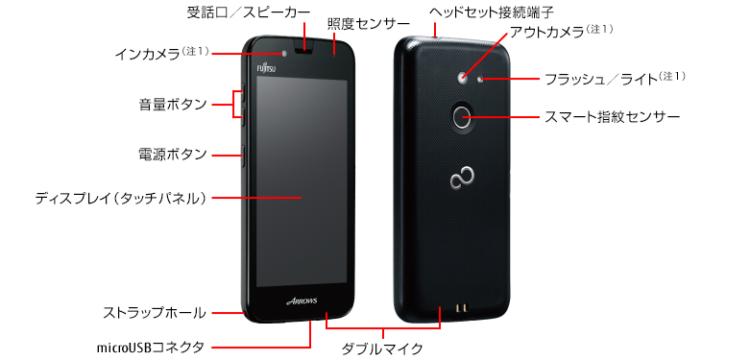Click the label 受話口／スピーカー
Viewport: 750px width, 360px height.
click(x=248, y=12)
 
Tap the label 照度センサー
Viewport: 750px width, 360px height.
click(x=362, y=23)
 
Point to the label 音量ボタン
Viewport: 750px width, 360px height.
click(x=172, y=104)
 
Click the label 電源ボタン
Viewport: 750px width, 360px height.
click(x=172, y=154)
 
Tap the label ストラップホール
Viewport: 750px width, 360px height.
click(x=155, y=312)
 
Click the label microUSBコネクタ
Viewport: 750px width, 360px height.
click(x=151, y=346)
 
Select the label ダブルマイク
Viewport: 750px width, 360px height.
click(x=382, y=348)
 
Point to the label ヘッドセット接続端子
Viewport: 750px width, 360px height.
click(x=477, y=13)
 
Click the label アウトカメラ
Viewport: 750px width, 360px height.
click(x=554, y=34)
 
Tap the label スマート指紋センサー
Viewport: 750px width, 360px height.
click(x=612, y=117)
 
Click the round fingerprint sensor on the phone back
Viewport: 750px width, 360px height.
click(x=463, y=117)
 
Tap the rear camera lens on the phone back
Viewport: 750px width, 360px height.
click(x=463, y=77)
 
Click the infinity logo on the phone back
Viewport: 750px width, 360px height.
click(x=462, y=179)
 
